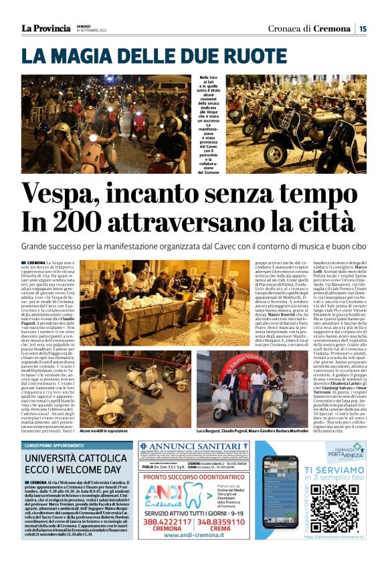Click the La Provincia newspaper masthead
(x=45, y=28)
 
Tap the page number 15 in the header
(x=362, y=28)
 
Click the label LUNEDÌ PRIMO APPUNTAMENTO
(x=58, y=445)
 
